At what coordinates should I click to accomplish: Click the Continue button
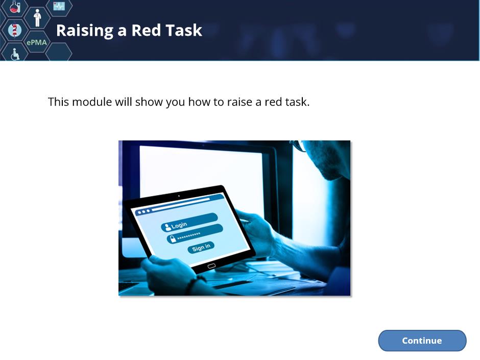[x=422, y=341]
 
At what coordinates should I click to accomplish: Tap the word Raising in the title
[x=85, y=31]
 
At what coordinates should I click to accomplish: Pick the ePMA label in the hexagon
[x=37, y=42]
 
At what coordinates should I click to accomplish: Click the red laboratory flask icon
[x=15, y=7]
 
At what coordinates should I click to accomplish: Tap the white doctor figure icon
[x=37, y=18]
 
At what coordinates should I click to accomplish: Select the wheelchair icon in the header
[x=15, y=55]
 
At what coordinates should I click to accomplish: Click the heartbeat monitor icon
[x=59, y=6]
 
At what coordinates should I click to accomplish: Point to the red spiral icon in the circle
[x=14, y=30]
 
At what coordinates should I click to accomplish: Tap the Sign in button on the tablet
[x=201, y=247]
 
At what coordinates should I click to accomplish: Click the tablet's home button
[x=211, y=266]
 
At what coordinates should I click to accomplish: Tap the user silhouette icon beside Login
[x=167, y=227]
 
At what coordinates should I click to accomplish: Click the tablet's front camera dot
[x=179, y=196]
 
